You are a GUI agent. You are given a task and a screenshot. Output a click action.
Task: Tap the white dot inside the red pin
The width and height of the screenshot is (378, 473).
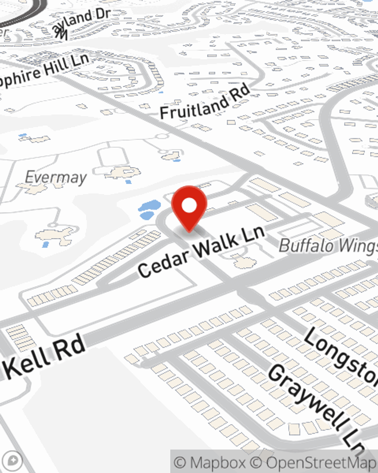[189, 206]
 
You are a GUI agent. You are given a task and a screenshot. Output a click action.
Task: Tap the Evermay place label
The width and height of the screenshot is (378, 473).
[56, 177]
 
